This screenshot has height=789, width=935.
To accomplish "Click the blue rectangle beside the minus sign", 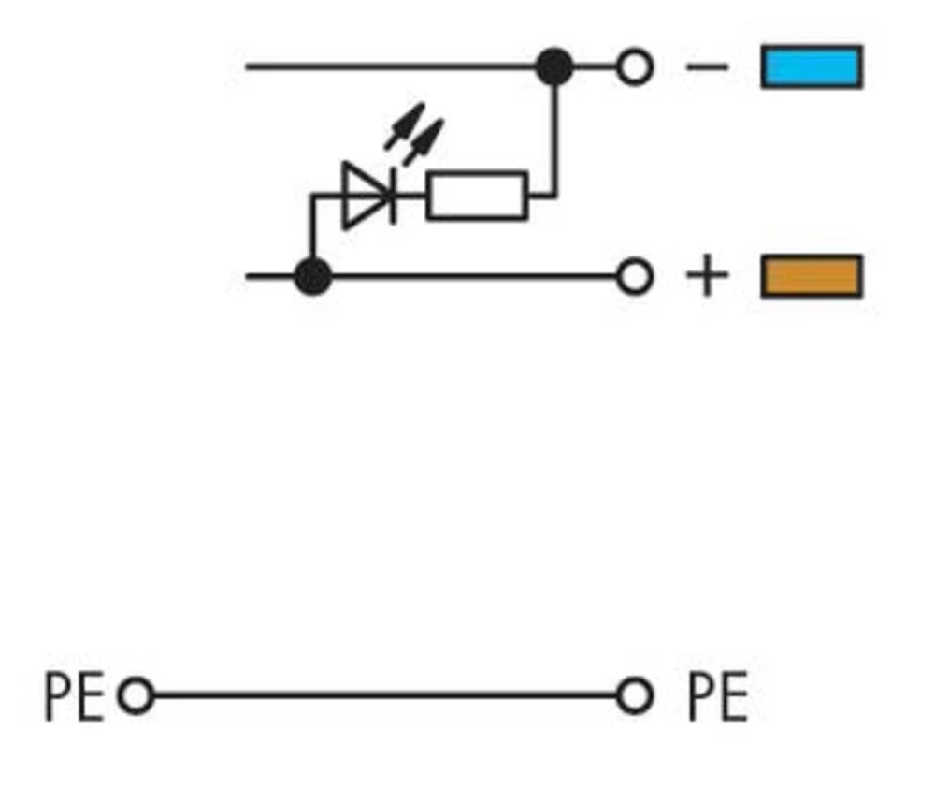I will (812, 67).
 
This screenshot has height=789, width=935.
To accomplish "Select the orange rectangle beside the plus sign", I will (812, 277).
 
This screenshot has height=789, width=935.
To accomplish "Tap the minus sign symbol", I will (707, 67).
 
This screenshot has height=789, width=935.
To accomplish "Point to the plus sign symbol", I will (707, 277).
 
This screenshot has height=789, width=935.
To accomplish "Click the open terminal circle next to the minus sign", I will (635, 67).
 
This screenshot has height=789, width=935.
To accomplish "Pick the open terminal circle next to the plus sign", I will (635, 277).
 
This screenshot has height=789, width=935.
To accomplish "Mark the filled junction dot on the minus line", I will (554, 67).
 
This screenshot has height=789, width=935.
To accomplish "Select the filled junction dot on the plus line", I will (312, 277).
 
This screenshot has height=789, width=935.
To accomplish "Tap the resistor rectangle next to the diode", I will (477, 197).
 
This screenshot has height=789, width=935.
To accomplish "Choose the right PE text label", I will (717, 697).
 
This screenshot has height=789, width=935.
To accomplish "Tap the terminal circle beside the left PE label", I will (137, 696).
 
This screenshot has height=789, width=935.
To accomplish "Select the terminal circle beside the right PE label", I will (635, 696).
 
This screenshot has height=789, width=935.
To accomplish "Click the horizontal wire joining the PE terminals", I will (383, 696).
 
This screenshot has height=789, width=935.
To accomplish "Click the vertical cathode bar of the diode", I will (393, 197).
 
